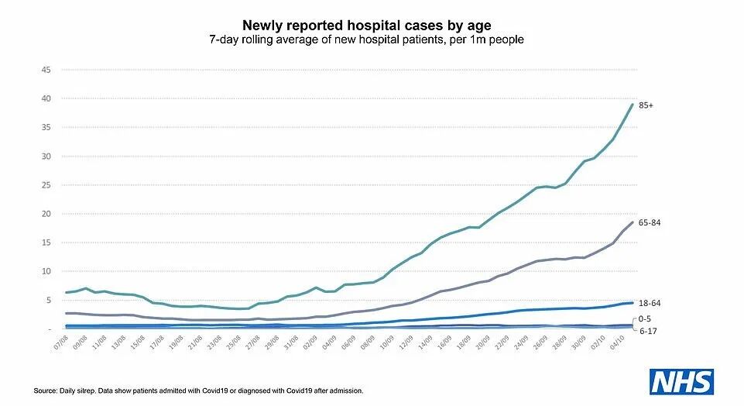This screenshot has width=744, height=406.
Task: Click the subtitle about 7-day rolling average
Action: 372,39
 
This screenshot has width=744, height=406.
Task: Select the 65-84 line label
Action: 650,222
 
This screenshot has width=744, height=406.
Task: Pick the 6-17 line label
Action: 647,330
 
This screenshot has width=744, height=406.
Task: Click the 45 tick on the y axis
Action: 46,70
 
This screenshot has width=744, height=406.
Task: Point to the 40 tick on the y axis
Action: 46,98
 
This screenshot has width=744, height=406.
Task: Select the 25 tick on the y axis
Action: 46,185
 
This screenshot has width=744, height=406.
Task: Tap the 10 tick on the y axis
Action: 46,271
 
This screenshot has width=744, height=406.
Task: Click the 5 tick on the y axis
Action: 47,300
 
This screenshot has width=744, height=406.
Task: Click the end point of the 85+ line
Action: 633,105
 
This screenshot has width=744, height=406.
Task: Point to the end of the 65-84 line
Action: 633,222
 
